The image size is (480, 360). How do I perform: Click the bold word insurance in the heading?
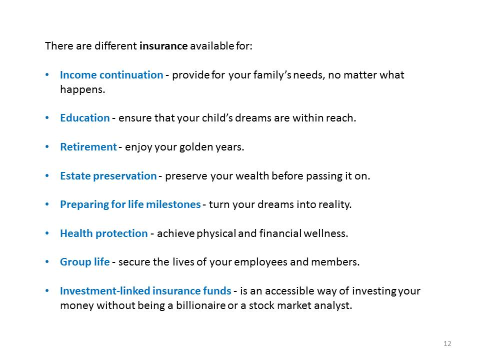click(x=163, y=46)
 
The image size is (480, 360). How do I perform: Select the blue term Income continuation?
click(x=111, y=75)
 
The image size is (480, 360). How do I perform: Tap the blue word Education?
click(x=85, y=118)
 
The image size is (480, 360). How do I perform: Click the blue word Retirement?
click(x=88, y=147)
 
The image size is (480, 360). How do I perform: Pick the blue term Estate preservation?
click(x=108, y=176)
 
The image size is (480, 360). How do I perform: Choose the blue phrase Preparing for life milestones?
click(x=130, y=204)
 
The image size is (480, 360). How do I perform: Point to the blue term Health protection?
click(x=104, y=233)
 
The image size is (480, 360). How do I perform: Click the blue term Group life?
click(x=85, y=262)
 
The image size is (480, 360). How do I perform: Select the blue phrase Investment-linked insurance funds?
click(x=145, y=291)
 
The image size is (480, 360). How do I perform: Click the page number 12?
click(x=447, y=343)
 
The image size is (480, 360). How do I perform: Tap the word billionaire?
click(x=200, y=305)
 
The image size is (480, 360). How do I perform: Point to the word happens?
click(x=82, y=89)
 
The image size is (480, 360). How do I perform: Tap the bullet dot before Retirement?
click(x=47, y=147)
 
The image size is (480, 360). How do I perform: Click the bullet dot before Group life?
click(x=47, y=262)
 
